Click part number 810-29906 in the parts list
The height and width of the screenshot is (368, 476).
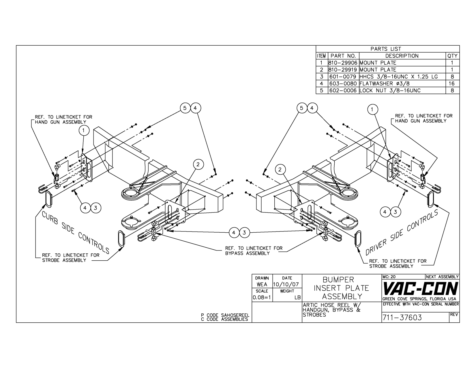(x=343, y=63)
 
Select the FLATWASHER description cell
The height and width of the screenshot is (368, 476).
(x=385, y=83)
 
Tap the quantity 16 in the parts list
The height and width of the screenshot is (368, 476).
(x=452, y=83)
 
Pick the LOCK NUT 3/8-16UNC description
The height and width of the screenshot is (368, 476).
(x=390, y=91)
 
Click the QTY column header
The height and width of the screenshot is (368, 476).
(x=452, y=56)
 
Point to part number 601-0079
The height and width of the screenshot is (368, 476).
(x=343, y=77)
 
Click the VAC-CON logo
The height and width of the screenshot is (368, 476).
(x=420, y=288)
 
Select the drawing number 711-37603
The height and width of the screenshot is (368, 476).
(x=402, y=317)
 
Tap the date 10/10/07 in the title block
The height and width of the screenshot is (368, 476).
(x=287, y=285)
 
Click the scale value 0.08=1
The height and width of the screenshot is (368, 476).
(x=262, y=297)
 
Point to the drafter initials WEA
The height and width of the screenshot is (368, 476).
(x=262, y=285)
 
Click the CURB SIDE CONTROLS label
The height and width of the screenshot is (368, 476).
(x=76, y=233)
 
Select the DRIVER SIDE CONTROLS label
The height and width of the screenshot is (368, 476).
(x=402, y=232)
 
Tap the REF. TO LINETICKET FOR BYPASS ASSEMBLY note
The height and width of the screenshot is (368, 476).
(x=254, y=251)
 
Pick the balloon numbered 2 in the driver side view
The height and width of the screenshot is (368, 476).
(x=280, y=169)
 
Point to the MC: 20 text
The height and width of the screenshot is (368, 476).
(x=389, y=277)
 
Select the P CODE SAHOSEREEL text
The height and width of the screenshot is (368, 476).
(x=225, y=315)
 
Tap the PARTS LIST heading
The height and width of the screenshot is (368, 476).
(x=386, y=49)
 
